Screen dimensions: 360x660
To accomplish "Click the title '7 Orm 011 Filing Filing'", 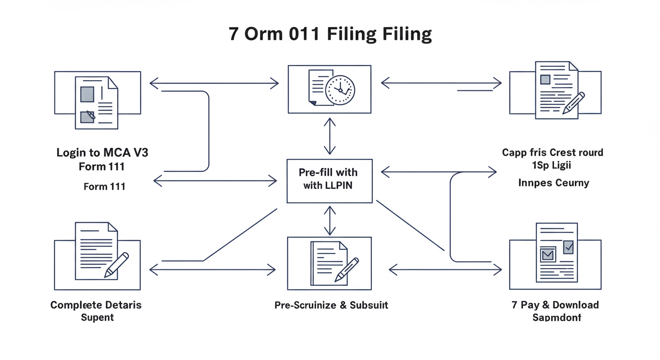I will (330, 35).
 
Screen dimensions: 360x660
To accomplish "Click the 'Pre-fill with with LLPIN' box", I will (330, 181).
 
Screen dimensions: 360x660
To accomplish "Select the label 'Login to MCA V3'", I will (102, 153).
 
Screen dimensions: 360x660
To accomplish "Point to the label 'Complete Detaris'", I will (96, 305).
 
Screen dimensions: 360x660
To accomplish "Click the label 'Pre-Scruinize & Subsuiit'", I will (331, 305).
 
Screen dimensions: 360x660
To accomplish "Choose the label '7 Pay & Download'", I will (555, 305).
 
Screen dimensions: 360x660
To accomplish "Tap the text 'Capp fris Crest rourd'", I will (553, 153).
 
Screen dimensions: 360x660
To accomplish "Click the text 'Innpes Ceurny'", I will (554, 183).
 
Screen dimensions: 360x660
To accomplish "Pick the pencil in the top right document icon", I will (574, 103).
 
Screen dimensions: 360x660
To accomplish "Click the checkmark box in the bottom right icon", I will (568, 247).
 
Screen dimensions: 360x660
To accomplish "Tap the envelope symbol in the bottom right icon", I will (547, 255).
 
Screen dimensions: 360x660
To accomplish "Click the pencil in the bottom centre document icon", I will (346, 270).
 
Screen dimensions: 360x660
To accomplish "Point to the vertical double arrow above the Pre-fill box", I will (330, 136).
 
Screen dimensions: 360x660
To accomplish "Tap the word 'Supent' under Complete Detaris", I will (97, 317).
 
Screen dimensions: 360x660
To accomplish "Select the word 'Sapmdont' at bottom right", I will (556, 317).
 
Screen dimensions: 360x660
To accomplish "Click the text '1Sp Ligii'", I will (552, 165).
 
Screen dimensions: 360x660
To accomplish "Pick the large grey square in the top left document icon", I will (88, 94).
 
